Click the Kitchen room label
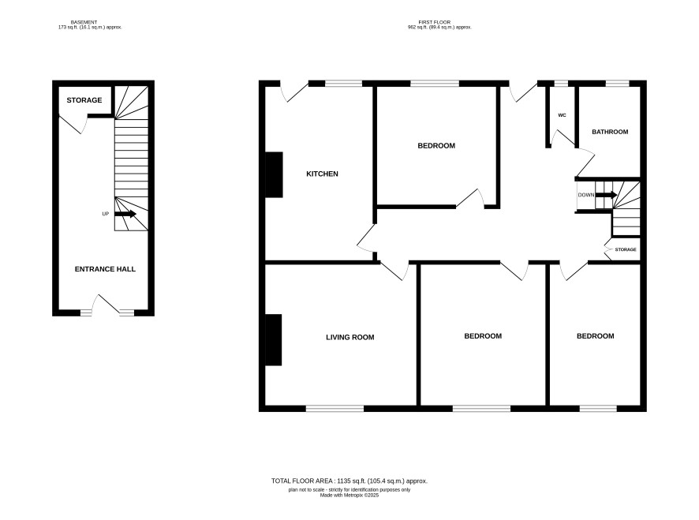[322, 174]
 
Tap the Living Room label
[350, 338]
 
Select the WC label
[562, 115]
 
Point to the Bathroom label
[610, 132]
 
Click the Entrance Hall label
[105, 269]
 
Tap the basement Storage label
[84, 100]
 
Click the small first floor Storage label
[626, 250]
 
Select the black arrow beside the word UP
[125, 214]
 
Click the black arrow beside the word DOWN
[606, 195]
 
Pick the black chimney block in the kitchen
[275, 175]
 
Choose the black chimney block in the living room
[274, 340]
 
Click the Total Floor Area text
[349, 481]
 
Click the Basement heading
[84, 22]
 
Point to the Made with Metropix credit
[349, 495]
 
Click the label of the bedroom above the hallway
[436, 146]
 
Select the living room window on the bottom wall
[335, 409]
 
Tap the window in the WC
[561, 84]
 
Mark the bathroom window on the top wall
[618, 84]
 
